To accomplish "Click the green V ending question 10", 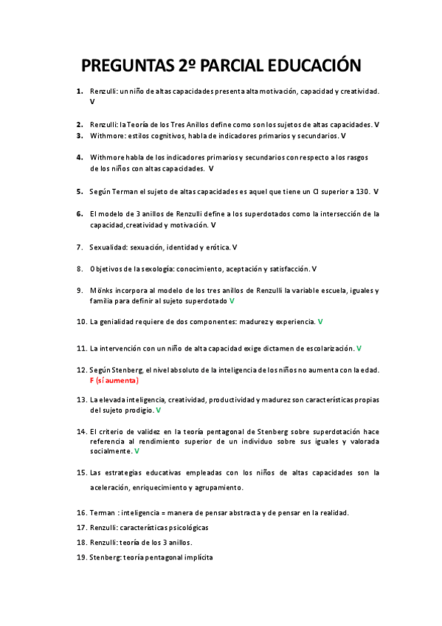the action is pyautogui.click(x=320, y=322).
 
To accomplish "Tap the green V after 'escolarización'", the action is pyautogui.click(x=359, y=348).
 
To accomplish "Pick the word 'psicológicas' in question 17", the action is pyautogui.click(x=183, y=527).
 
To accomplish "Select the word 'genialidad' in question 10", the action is pyautogui.click(x=118, y=322).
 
